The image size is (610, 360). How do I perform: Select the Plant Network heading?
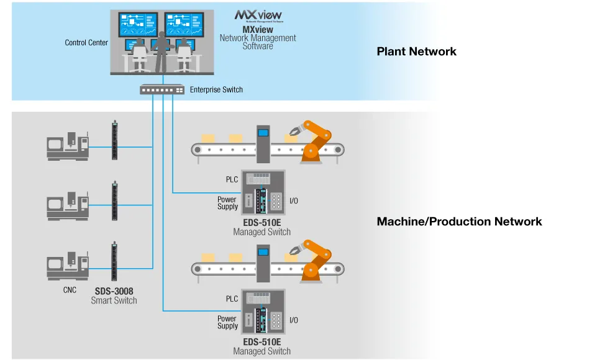416,52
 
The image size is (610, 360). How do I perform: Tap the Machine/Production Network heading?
459,222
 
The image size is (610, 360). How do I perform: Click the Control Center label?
86,43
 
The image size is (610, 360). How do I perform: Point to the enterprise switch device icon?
162,90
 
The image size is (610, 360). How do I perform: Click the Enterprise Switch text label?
216,90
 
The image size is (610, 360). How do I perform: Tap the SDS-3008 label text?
114,291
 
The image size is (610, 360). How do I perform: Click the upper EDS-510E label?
262,223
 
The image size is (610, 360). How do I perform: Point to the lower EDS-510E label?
262,342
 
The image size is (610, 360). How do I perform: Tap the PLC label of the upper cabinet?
232,179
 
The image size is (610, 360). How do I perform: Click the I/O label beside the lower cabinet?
293,320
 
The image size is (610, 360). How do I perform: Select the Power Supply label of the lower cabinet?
227,322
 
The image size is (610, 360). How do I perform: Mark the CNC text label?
70,290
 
